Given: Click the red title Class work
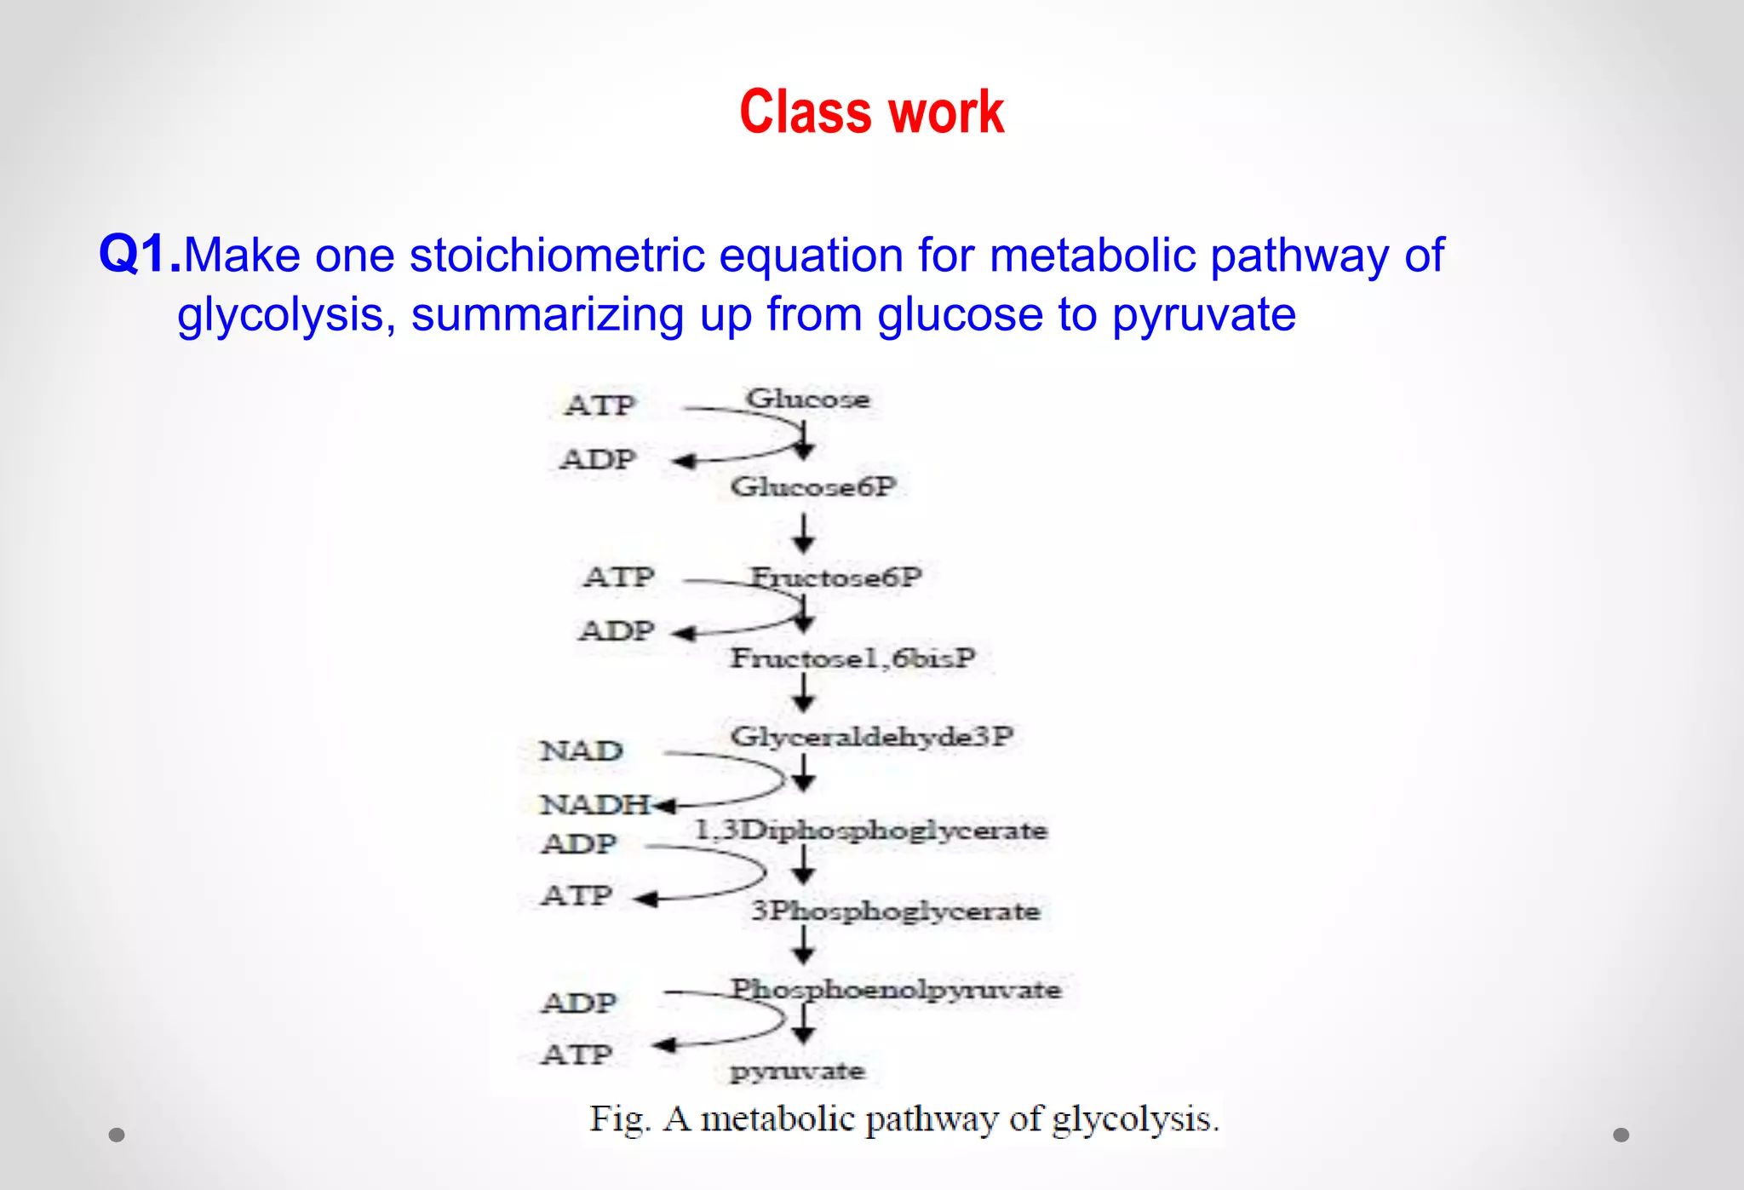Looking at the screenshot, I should (871, 112).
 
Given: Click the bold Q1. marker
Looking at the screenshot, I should (140, 255).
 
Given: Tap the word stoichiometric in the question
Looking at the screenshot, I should (557, 256).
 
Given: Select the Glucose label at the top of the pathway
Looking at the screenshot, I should (807, 399).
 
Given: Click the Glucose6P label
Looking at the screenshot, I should (813, 486).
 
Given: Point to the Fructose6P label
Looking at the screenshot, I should (835, 577).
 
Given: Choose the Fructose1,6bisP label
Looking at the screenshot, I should (852, 658).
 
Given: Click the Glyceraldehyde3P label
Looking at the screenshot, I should (871, 736).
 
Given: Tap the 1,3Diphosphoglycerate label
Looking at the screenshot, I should (870, 830).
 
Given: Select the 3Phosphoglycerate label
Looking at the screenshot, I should (894, 911).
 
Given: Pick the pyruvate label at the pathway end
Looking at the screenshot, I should (797, 1071).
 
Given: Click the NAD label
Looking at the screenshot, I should (581, 750).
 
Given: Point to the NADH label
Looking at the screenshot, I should (594, 803).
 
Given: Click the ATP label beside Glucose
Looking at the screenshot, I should (599, 405).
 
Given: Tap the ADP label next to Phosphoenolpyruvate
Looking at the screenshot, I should (578, 1003).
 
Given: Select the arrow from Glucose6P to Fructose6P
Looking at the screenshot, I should (803, 534).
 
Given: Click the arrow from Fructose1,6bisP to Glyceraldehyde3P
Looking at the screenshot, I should (803, 693).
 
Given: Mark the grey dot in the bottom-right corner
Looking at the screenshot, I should (1621, 1135).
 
